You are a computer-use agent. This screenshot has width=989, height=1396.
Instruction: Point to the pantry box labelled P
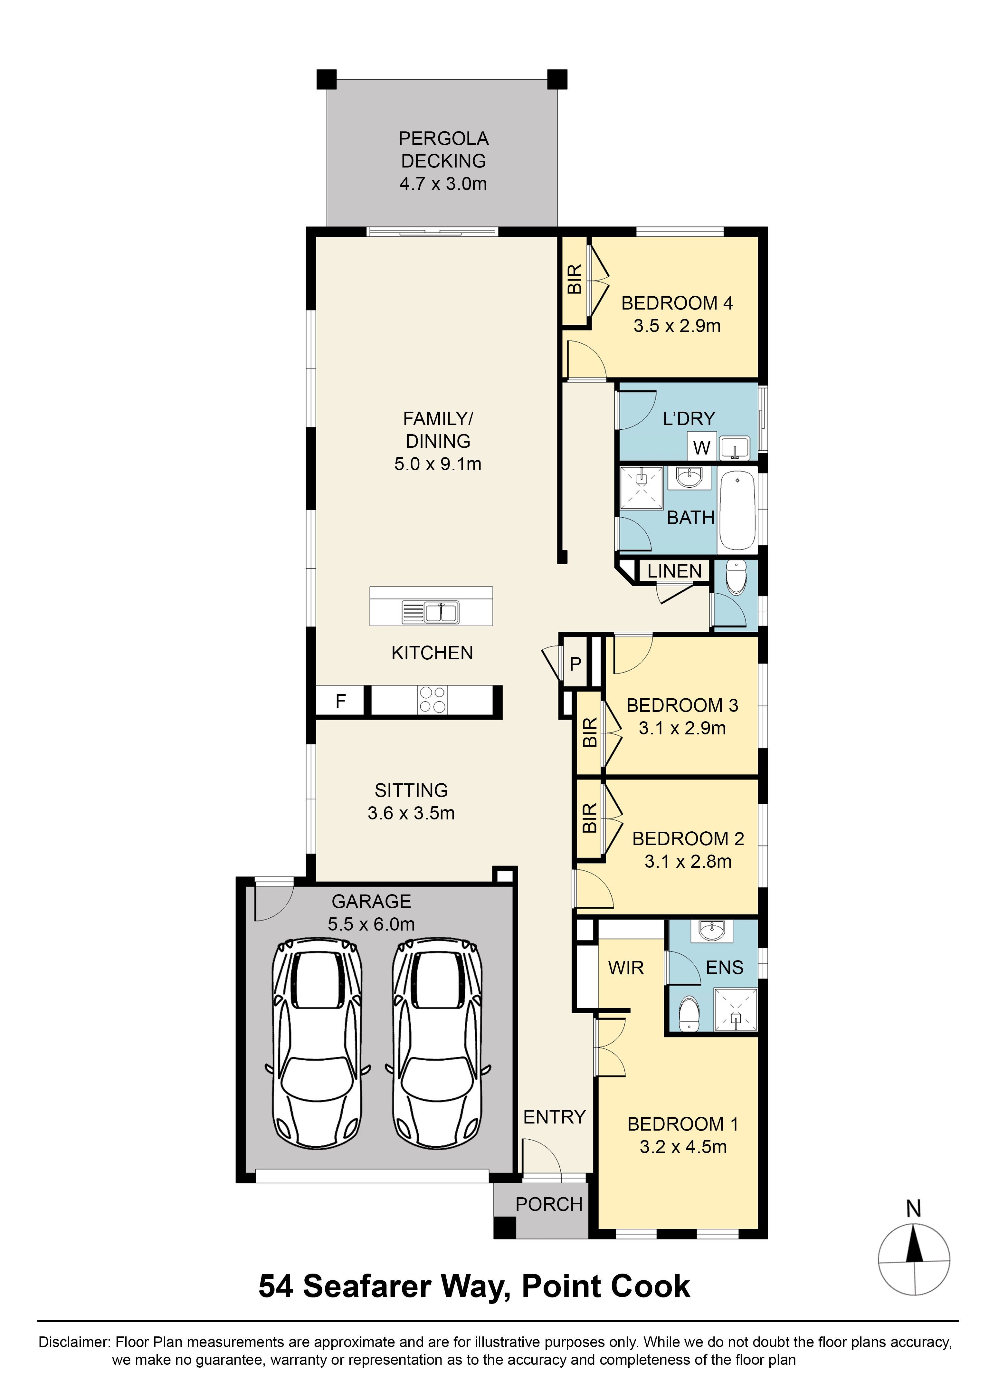[x=575, y=663]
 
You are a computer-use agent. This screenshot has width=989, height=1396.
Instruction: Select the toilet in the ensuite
[x=689, y=1013]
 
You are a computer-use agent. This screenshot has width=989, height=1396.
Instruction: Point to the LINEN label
[x=674, y=571]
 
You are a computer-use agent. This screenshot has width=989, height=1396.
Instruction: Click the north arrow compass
[x=914, y=1259]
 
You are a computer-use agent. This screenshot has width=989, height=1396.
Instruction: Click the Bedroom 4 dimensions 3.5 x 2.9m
[x=677, y=326]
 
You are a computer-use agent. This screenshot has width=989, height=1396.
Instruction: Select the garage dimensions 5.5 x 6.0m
[x=371, y=924]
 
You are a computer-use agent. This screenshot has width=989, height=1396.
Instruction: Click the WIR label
[x=625, y=968]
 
